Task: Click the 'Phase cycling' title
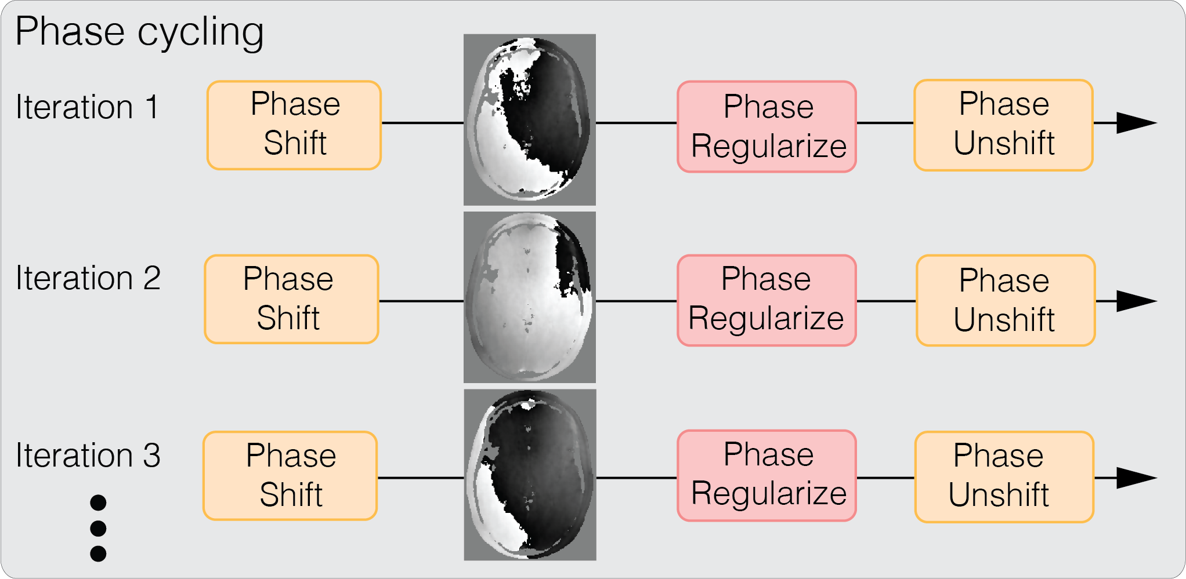tap(139, 32)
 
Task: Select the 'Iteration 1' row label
tap(87, 107)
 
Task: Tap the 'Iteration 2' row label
tap(88, 278)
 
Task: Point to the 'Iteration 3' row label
tap(88, 456)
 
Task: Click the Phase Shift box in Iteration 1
tap(294, 125)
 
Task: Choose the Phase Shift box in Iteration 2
tap(291, 299)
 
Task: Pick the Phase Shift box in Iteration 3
tap(290, 476)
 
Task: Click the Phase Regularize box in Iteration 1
tap(766, 126)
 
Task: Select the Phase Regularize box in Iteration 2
tap(766, 300)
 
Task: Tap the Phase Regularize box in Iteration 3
tap(766, 476)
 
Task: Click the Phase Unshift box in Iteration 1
tap(1003, 125)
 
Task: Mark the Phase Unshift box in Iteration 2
tap(1006, 300)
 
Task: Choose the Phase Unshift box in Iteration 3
tap(1004, 476)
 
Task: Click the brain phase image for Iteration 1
tap(529, 119)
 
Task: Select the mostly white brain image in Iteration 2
tap(529, 297)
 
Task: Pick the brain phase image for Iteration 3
tap(529, 475)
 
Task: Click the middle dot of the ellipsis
tap(98, 528)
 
